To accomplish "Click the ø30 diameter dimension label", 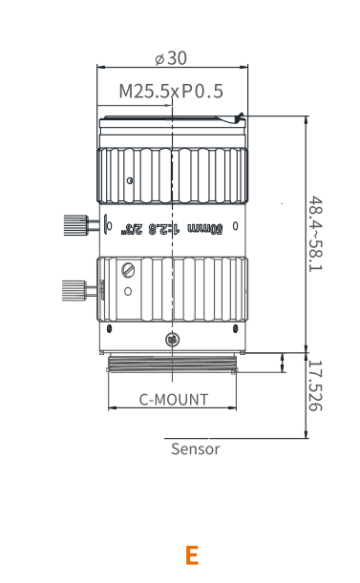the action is click(171, 58).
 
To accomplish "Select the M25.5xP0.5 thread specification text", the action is click(171, 91).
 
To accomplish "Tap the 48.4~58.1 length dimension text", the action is click(316, 234).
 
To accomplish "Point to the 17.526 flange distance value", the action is click(315, 385).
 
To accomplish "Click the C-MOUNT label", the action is click(174, 400).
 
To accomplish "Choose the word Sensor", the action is click(196, 448).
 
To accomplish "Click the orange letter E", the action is click(192, 555).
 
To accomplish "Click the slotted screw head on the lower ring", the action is click(128, 270).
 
